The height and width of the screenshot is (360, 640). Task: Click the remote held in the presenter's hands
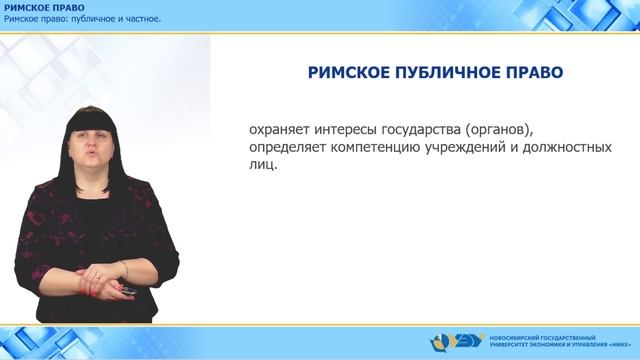pyautogui.click(x=128, y=290)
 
